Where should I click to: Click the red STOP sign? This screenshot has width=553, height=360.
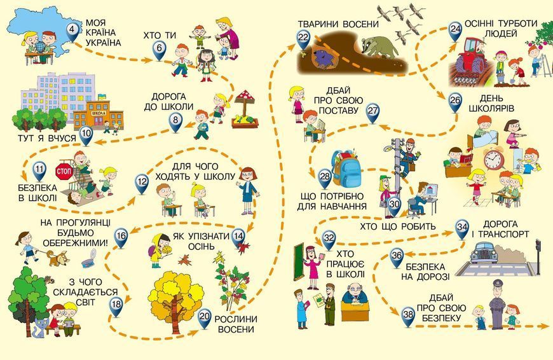coord(64,172)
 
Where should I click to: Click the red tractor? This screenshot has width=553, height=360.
coord(471,59)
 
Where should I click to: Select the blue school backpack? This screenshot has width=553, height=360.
coord(346,169)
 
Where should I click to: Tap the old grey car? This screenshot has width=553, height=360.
coord(484,252)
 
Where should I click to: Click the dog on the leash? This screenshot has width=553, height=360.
coord(57,258)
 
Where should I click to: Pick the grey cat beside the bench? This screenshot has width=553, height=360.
coord(41,328)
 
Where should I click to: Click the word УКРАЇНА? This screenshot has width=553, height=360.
coord(104,43)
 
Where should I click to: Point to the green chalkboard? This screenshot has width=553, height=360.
coord(299,261)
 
